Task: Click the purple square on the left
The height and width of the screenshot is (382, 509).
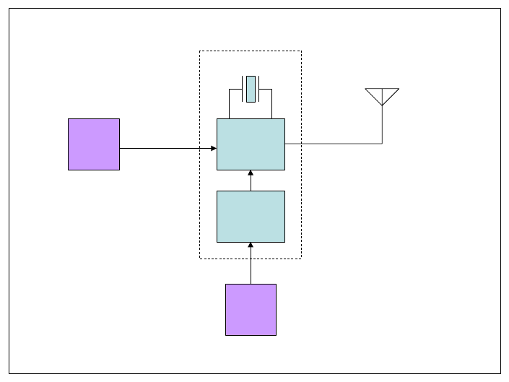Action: (x=94, y=144)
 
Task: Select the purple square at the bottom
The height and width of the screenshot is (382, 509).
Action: (x=251, y=310)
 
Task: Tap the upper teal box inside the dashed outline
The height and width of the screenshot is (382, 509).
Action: (x=251, y=144)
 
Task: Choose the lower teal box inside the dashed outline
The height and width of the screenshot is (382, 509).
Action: (x=251, y=217)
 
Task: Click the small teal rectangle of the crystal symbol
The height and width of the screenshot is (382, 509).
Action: (x=251, y=89)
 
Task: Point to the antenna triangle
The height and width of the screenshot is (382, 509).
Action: (x=382, y=95)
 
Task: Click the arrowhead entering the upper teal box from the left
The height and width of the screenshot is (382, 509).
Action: (x=214, y=149)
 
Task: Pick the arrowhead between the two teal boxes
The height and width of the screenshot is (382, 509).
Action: (x=251, y=173)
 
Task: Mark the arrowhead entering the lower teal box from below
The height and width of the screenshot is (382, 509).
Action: (x=251, y=246)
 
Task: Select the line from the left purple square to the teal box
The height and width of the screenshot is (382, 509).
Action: (x=166, y=149)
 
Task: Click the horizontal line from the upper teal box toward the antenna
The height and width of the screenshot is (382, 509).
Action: (x=332, y=144)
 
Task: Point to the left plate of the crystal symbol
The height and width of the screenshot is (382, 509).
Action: (x=242, y=89)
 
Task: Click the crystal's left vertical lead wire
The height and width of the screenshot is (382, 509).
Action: (x=230, y=105)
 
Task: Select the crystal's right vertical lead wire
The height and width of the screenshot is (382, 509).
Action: (x=272, y=105)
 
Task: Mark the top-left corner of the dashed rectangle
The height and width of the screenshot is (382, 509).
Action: (x=200, y=51)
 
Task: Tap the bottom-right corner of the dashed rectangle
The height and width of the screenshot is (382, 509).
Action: (x=301, y=259)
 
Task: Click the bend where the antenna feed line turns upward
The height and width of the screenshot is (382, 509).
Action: (x=382, y=144)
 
